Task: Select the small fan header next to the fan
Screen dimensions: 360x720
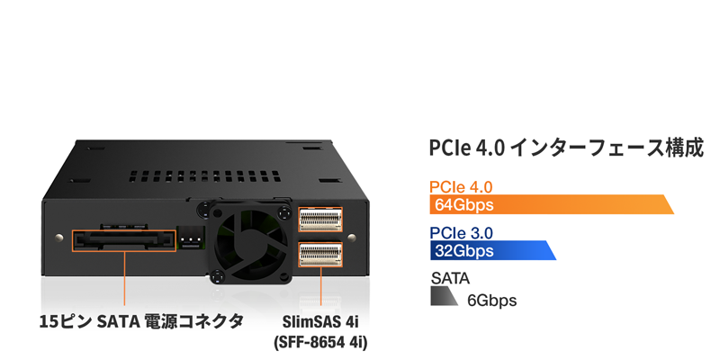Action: tap(190, 238)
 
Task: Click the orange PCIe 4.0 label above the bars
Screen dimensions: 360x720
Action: tap(461, 187)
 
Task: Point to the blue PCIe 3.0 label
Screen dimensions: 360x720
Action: tap(461, 233)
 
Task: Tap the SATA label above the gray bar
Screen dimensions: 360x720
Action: tap(450, 278)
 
